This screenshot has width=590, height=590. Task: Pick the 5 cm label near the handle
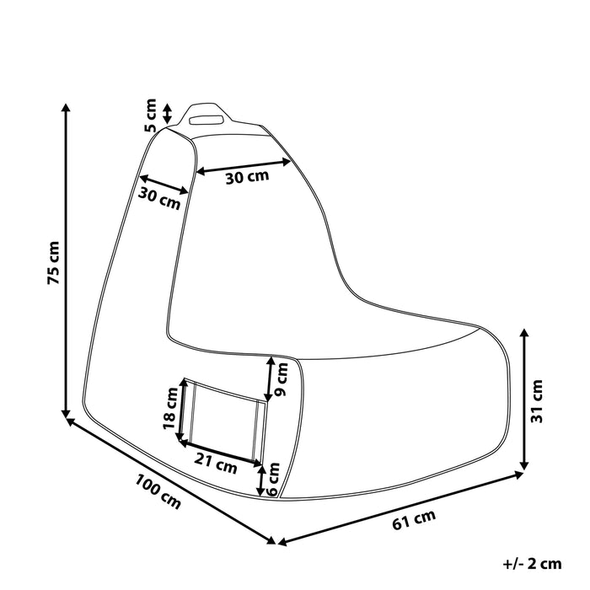(151, 115)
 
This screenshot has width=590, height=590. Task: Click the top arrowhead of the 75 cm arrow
(65, 109)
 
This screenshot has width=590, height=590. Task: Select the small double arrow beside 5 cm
(167, 113)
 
